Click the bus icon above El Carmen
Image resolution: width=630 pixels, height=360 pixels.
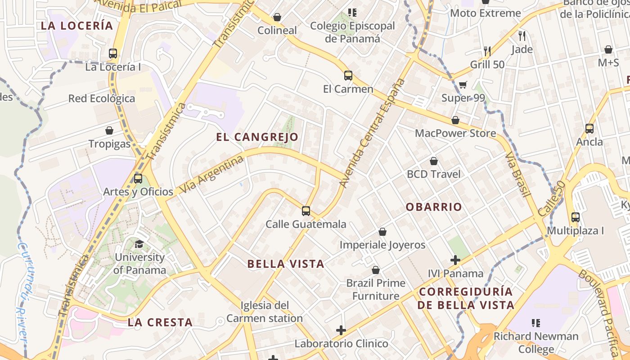[348, 75]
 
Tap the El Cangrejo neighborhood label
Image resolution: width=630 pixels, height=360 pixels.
[257, 137]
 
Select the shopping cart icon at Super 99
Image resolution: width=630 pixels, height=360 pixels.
[463, 85]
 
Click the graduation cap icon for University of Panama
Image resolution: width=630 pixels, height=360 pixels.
[139, 244]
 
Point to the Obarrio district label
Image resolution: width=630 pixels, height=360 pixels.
[434, 207]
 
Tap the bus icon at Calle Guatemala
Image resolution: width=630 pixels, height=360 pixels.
[306, 211]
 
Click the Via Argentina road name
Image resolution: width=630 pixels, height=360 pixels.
[211, 174]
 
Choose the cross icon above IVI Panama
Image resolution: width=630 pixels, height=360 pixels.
[455, 260]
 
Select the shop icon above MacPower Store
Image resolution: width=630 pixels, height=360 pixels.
[455, 120]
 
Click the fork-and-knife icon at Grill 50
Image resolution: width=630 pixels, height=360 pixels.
[487, 51]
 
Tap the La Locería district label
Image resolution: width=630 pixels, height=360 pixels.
[77, 26]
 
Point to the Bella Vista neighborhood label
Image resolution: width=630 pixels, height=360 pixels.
[286, 264]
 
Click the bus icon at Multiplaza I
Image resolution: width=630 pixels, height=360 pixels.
[575, 217]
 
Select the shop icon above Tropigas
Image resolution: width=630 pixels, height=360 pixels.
[109, 130]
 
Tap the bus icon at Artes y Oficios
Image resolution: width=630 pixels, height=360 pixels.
[138, 178]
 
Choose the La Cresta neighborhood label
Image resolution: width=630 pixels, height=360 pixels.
[160, 322]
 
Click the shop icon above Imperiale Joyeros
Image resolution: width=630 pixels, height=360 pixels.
[382, 232]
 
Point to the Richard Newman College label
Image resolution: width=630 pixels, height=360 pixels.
[535, 342]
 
